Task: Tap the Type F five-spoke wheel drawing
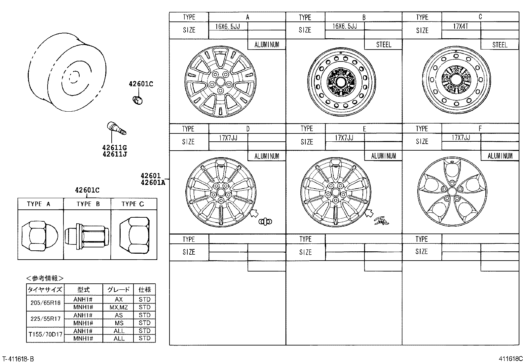pyautogui.click(x=452, y=191)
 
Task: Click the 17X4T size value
pyautogui.click(x=461, y=26)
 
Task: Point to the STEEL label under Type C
pyautogui.click(x=499, y=45)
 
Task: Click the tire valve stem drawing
pyautogui.click(x=116, y=128)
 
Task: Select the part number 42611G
pyautogui.click(x=115, y=148)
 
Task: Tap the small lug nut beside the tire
pyautogui.click(x=137, y=99)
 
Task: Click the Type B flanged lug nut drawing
pyautogui.click(x=87, y=235)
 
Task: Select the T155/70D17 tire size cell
pyautogui.click(x=45, y=334)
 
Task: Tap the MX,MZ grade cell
pyautogui.click(x=118, y=307)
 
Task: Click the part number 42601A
pyautogui.click(x=152, y=182)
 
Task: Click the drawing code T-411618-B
pyautogui.click(x=18, y=359)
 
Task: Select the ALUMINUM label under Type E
pyautogui.click(x=383, y=156)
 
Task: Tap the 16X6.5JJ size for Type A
pyautogui.click(x=227, y=26)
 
